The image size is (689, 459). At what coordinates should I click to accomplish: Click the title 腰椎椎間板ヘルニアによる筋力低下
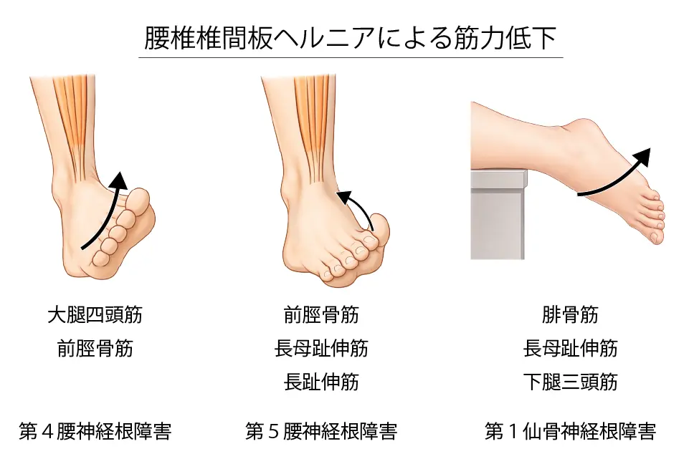pyautogui.click(x=351, y=39)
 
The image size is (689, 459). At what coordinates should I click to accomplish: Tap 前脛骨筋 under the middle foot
pyautogui.click(x=321, y=314)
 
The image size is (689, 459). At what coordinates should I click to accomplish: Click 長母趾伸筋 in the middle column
pyautogui.click(x=321, y=349)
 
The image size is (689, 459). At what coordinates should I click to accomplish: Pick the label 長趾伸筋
pyautogui.click(x=321, y=382)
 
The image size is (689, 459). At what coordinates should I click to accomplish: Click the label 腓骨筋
pyautogui.click(x=570, y=314)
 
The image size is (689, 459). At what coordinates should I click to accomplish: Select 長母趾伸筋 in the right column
pyautogui.click(x=570, y=349)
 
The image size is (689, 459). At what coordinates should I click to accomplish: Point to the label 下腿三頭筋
pyautogui.click(x=570, y=382)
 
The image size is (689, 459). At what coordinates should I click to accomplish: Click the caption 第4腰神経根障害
pyautogui.click(x=95, y=432)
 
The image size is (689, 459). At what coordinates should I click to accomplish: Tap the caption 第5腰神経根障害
pyautogui.click(x=321, y=432)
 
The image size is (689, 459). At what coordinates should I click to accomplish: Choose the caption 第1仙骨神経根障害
pyautogui.click(x=570, y=432)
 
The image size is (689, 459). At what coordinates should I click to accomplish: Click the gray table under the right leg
pyautogui.click(x=498, y=215)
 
